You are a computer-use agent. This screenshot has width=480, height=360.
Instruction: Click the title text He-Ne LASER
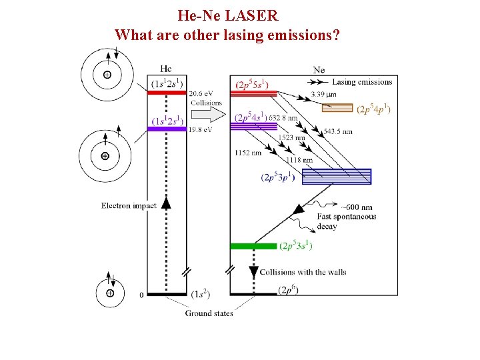pos(227,14)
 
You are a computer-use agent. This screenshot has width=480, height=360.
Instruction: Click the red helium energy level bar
pos(167,93)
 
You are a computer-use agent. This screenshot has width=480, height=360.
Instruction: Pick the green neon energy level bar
pos(253,246)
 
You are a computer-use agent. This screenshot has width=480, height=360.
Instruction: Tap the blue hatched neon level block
pos(336,176)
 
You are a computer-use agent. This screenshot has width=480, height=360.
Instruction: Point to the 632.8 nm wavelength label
pos(283,118)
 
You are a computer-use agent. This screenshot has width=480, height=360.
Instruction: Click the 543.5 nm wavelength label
pos(339,131)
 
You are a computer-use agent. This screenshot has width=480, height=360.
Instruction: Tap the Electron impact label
pos(129,205)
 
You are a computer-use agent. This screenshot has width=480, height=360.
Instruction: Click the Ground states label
pos(209,313)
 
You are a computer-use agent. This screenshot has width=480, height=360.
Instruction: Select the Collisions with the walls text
pos(303,272)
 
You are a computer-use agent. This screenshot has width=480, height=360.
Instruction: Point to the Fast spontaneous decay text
pos(346,221)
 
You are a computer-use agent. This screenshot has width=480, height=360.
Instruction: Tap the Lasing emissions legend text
pos(362,82)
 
